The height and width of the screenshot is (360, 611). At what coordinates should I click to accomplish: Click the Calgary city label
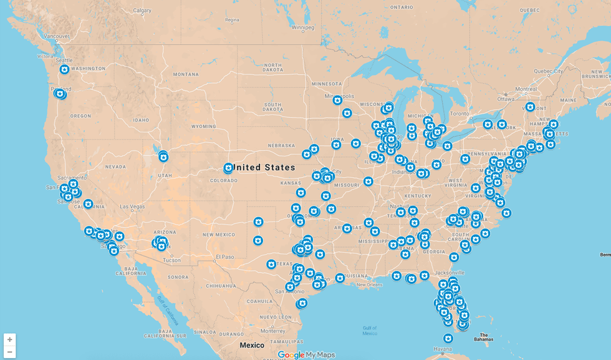point(142,11)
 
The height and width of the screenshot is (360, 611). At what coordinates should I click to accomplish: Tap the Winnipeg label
point(303,27)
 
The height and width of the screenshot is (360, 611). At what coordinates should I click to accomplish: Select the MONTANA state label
point(185,74)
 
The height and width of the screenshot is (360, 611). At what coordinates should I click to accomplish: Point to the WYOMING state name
point(203,126)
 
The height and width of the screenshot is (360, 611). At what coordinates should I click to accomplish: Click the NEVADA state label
point(115,167)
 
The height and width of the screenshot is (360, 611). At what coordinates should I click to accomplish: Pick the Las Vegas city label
point(132,207)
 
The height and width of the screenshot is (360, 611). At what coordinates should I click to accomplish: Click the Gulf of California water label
point(168,310)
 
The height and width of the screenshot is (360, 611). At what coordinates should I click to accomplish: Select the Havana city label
point(443,349)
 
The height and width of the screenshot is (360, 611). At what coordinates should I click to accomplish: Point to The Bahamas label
point(483,337)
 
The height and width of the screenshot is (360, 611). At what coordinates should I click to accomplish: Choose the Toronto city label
point(459,114)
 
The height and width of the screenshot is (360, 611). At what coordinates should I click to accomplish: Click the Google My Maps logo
point(306,354)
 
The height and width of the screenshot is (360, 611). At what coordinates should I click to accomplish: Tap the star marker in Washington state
point(64,69)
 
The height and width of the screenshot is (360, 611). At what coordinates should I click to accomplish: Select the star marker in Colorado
point(228,168)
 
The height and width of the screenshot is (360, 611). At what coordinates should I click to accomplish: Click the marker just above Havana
point(448,338)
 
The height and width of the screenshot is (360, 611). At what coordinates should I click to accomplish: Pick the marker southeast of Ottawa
point(530,107)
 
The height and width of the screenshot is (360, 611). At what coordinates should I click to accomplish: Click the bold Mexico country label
point(252,345)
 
